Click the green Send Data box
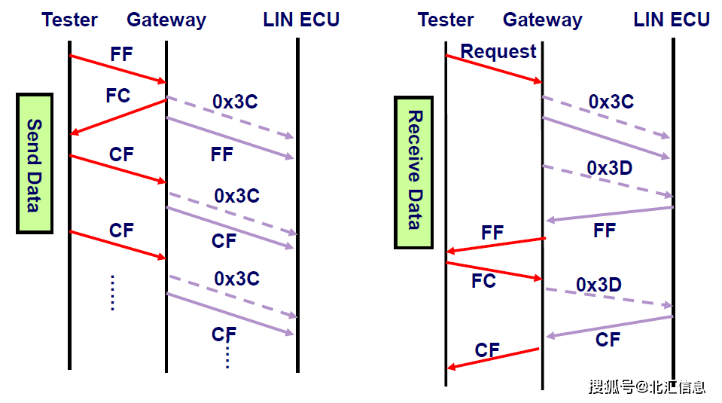click(35, 163)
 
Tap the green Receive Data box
click(413, 172)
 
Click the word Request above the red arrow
click(498, 51)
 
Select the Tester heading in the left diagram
click(70, 20)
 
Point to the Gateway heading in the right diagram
click(542, 20)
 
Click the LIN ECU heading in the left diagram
click(301, 20)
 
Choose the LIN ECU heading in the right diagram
click(672, 20)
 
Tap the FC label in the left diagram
click(118, 96)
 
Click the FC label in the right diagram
click(483, 281)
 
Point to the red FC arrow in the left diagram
click(117, 117)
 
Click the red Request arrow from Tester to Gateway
click(493, 69)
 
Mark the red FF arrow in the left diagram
click(117, 69)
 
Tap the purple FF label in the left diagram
click(222, 154)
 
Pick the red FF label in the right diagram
click(492, 232)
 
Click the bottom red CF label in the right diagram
click(487, 350)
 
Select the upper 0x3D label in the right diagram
click(609, 168)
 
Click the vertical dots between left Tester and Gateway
click(112, 292)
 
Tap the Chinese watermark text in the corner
click(647, 386)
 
